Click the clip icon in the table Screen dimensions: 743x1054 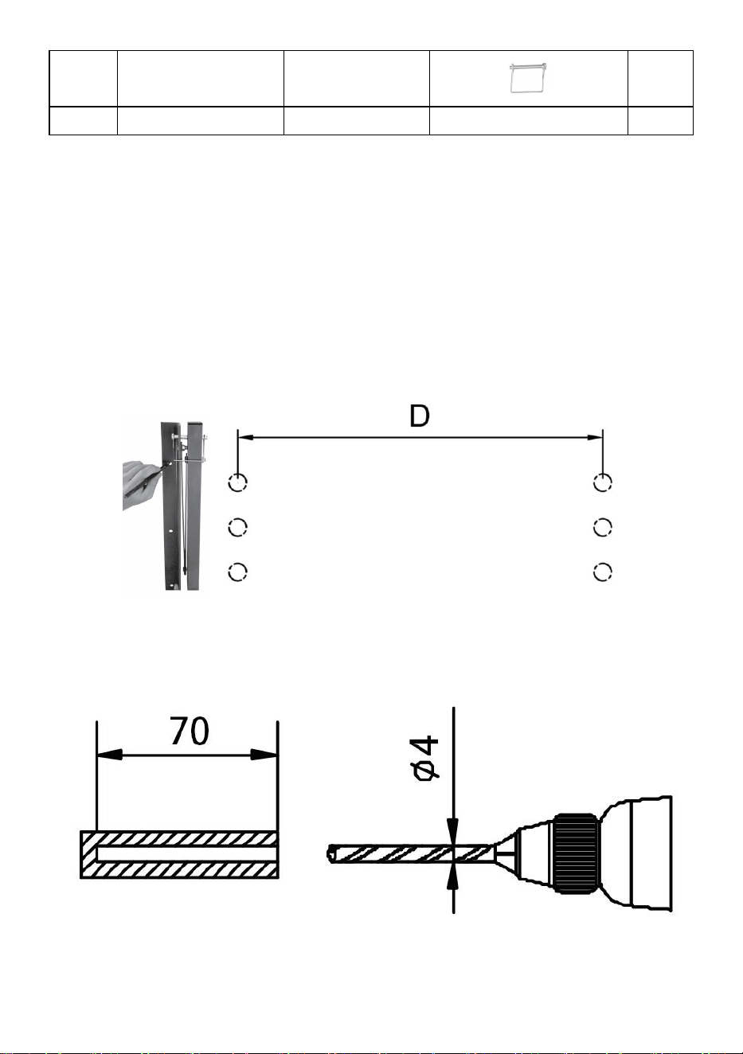tap(528, 78)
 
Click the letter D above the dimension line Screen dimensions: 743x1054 tap(420, 416)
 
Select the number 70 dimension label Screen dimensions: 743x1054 tap(189, 731)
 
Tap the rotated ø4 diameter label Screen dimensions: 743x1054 tap(425, 759)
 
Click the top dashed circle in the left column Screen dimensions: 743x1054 tap(237, 482)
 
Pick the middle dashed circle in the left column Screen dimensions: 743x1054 tap(237, 528)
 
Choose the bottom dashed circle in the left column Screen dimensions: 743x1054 tap(237, 572)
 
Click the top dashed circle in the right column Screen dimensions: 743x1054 tap(603, 482)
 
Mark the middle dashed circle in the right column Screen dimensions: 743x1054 tap(603, 528)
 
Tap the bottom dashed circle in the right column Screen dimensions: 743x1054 tap(603, 572)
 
